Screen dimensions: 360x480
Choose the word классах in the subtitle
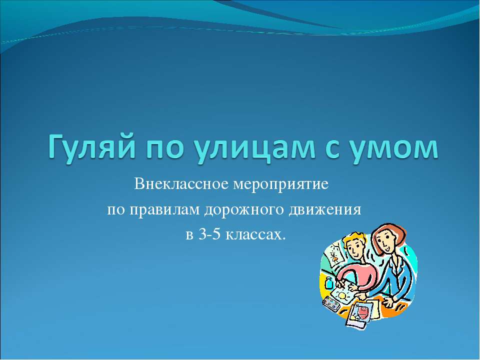255,234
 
